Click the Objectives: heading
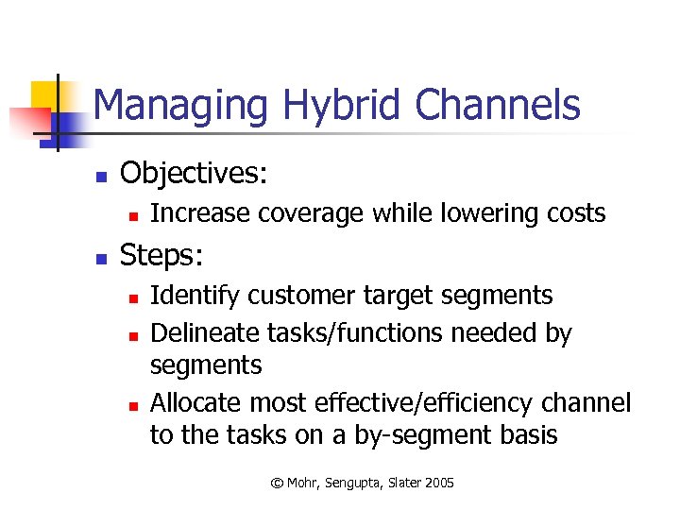(194, 173)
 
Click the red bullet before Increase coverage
(134, 215)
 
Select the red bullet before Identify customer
(134, 297)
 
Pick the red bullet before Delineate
(134, 335)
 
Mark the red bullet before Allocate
(134, 405)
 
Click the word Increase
(195, 213)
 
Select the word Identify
(189, 296)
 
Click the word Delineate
(197, 333)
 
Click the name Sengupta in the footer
(349, 483)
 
